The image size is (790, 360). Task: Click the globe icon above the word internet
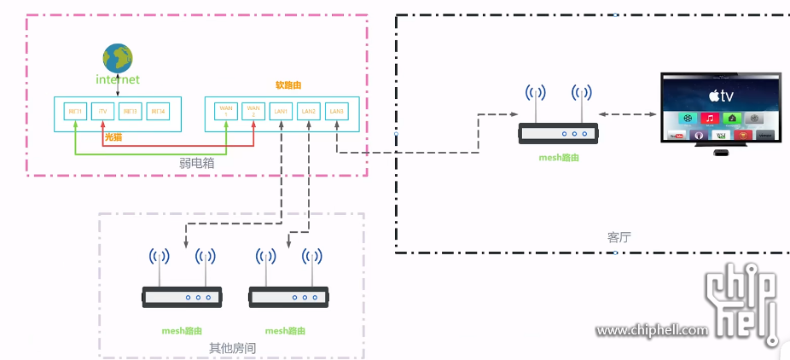pyautogui.click(x=118, y=59)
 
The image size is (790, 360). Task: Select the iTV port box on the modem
pyautogui.click(x=102, y=112)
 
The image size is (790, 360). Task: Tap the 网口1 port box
pyautogui.click(x=76, y=112)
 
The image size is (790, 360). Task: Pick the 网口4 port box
pyautogui.click(x=157, y=112)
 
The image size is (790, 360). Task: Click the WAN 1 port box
pyautogui.click(x=226, y=112)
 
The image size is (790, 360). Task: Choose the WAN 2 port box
pyautogui.click(x=253, y=112)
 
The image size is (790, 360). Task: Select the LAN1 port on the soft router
pyautogui.click(x=281, y=112)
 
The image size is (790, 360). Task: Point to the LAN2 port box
pyautogui.click(x=308, y=112)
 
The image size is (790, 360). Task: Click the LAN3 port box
pyautogui.click(x=336, y=112)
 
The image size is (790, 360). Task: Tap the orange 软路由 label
pyautogui.click(x=288, y=85)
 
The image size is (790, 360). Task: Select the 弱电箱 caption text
pyautogui.click(x=197, y=160)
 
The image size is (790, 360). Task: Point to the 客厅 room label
pyautogui.click(x=619, y=236)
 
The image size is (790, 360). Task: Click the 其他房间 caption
pyautogui.click(x=232, y=348)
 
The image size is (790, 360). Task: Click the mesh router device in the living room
pyautogui.click(x=560, y=133)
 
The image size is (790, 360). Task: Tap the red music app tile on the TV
pyautogui.click(x=709, y=118)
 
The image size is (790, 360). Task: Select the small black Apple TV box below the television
pyautogui.click(x=722, y=154)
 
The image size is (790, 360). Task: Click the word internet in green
pyautogui.click(x=117, y=79)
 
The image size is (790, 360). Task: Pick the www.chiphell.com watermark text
pyautogui.click(x=652, y=330)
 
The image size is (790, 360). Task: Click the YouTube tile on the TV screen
pyautogui.click(x=678, y=136)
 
